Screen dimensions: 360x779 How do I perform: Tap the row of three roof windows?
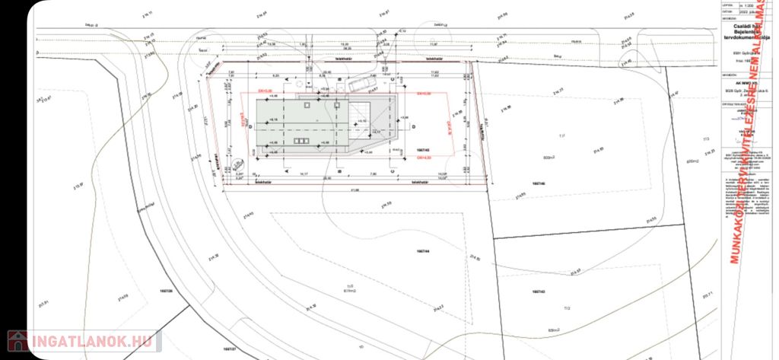pos(301,142)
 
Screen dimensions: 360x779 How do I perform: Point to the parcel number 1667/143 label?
pos(537,292)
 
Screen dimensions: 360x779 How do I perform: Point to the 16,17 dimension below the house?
pos(302,174)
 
